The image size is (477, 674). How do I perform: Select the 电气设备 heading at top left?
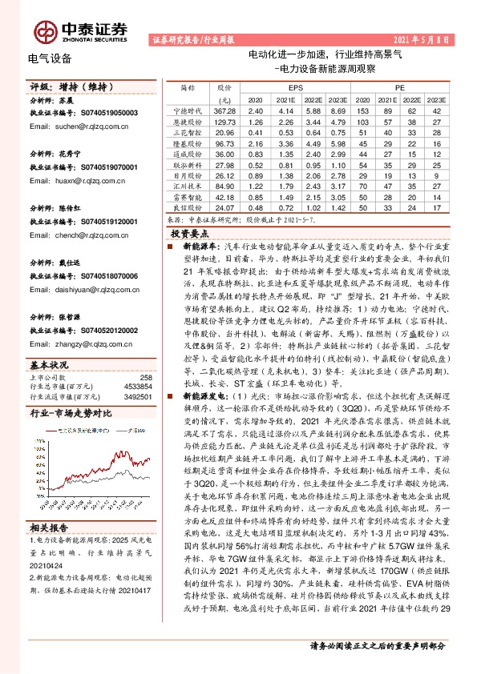(50, 58)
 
